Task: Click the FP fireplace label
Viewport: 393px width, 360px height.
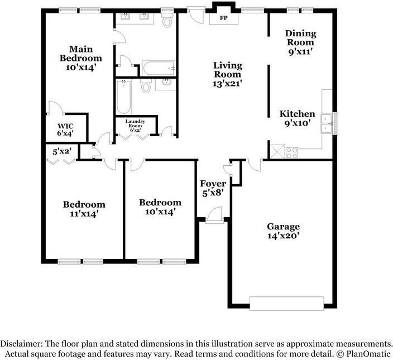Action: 223,17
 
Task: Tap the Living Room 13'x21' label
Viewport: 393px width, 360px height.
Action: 227,74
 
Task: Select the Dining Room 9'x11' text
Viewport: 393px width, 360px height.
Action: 300,42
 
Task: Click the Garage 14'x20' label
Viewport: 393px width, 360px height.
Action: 283,231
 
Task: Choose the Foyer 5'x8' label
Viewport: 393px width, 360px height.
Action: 213,188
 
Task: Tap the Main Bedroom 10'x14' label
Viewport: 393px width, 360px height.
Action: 81,57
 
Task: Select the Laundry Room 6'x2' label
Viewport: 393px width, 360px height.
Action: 136,126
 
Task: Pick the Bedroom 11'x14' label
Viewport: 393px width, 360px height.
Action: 84,208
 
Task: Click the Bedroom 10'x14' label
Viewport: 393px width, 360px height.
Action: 160,207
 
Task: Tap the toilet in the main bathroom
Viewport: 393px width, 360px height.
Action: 167,22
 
